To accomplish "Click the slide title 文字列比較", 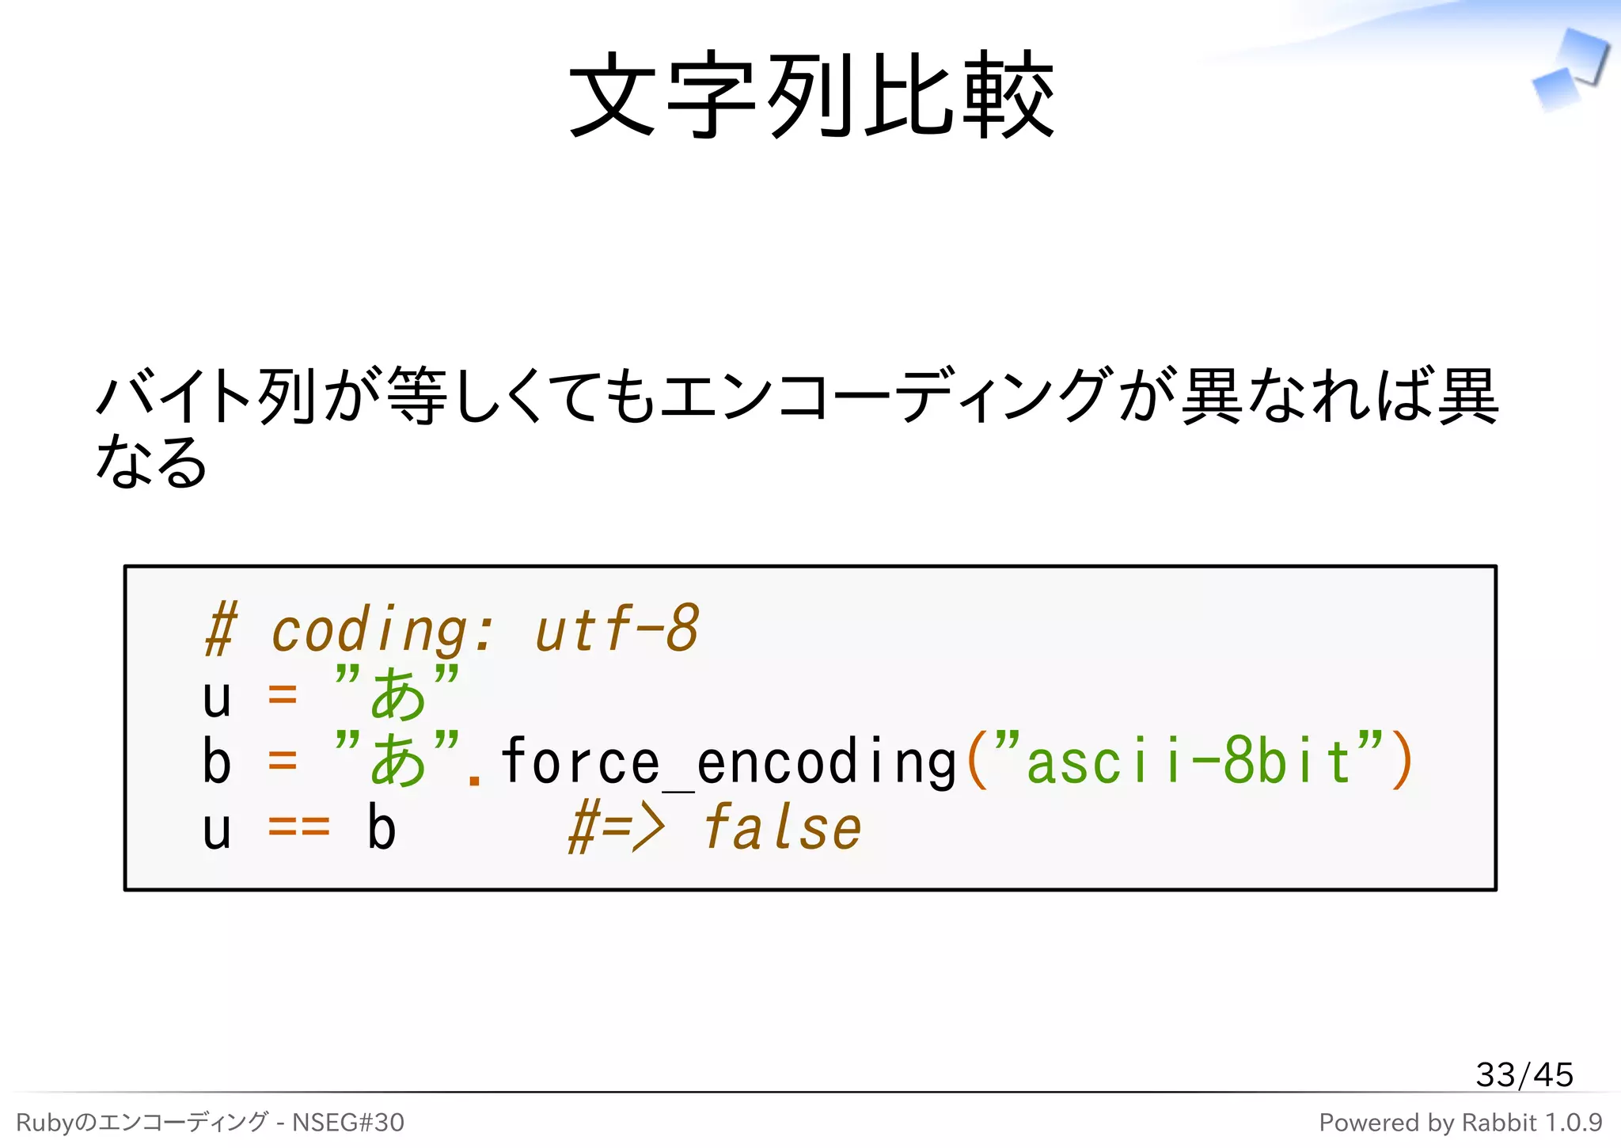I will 811,95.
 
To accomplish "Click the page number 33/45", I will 1524,1074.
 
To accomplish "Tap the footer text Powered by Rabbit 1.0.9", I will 1460,1122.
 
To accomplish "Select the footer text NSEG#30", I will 348,1122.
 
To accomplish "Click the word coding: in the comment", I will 382,630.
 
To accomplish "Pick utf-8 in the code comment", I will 617,629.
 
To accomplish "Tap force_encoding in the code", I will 728,762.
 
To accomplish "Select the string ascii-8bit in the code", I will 1187,762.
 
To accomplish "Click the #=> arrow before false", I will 617,828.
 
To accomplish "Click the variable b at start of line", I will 216,762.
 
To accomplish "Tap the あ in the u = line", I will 397,695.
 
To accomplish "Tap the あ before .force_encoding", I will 397,762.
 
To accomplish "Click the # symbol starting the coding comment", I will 220,630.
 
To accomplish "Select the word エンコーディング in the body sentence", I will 886,395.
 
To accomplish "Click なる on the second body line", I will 150,462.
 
